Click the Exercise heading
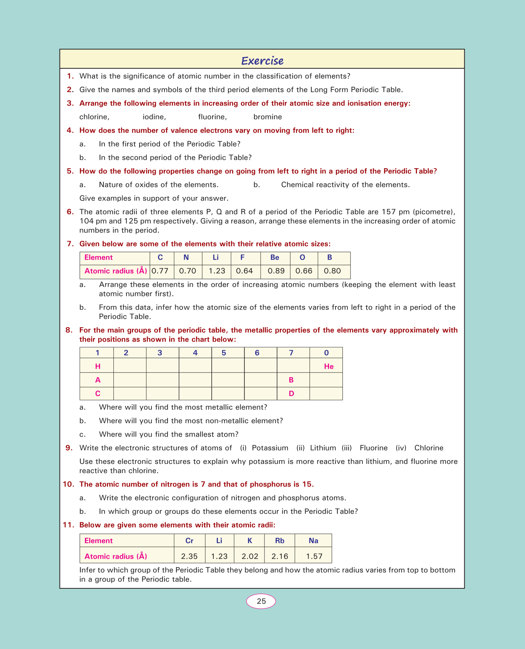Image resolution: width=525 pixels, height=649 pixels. [262, 61]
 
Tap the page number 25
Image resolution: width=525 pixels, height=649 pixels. [261, 601]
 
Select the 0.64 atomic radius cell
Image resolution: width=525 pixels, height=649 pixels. [244, 271]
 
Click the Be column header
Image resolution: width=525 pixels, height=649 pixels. [275, 258]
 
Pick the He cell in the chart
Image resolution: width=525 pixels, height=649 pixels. [329, 366]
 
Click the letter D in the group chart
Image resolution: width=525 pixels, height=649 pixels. [291, 394]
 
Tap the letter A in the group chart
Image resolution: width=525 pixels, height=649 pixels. [98, 380]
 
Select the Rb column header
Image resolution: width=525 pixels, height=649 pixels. [280, 541]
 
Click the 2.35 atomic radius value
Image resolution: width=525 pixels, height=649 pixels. [189, 556]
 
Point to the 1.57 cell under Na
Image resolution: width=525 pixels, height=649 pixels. [314, 556]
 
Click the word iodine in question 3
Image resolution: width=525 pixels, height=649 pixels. [154, 117]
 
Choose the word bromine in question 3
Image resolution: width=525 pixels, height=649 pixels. [267, 117]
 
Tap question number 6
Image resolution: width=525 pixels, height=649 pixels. [70, 212]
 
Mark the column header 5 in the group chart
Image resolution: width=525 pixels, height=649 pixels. [224, 353]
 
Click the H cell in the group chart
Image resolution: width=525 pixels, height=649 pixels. [98, 366]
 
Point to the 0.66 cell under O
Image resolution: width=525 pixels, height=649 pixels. [304, 271]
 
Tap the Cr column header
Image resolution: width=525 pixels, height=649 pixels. [189, 541]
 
